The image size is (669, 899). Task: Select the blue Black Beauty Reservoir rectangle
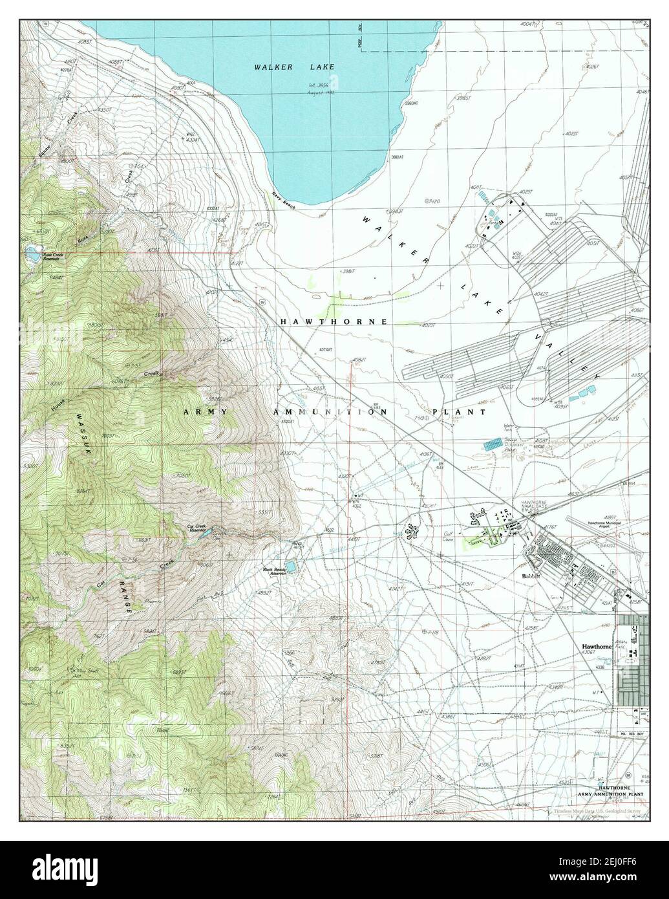(293, 567)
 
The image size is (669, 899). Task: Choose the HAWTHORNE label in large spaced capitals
(334, 321)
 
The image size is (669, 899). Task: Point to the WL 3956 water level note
(322, 87)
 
